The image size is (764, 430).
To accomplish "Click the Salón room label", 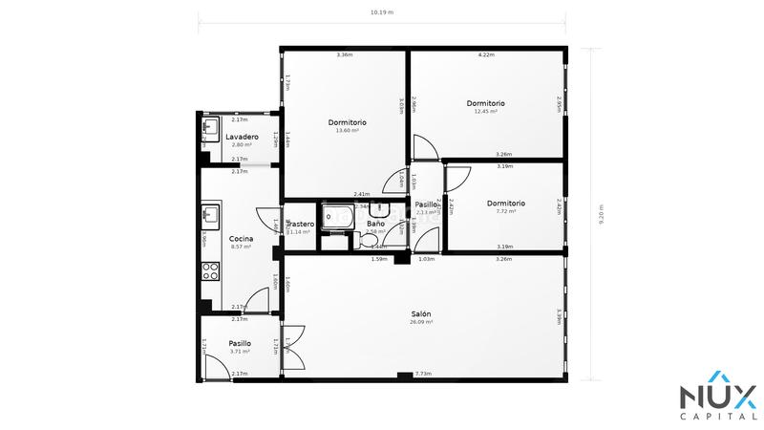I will click(420, 313).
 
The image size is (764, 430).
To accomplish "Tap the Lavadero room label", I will click(242, 137).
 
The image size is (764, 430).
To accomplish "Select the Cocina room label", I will click(241, 238).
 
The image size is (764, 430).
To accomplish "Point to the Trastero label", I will click(300, 224).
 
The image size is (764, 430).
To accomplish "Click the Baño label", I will click(375, 224).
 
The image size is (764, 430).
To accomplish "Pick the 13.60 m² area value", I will click(347, 131).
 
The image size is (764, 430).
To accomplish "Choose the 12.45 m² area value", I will click(485, 112).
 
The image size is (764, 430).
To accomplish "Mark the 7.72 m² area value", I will click(505, 211).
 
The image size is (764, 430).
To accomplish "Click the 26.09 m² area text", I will click(420, 323).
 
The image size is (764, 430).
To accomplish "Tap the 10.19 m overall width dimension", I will click(382, 13).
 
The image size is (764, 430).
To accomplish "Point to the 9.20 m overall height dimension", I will click(601, 214).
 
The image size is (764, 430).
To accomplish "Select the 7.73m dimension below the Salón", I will click(422, 374).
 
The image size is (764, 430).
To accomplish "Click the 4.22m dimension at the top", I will click(486, 54).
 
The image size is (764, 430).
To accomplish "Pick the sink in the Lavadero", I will click(210, 126).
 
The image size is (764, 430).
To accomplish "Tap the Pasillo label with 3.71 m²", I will click(240, 343).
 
